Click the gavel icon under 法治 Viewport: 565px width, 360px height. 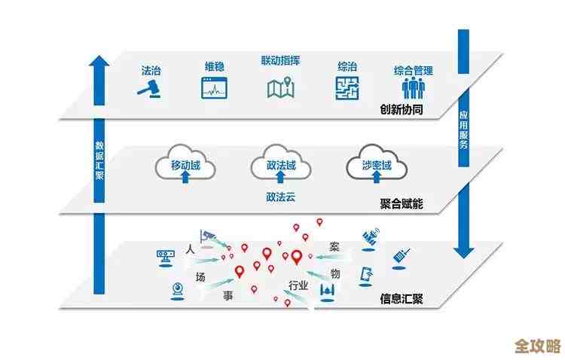(151, 89)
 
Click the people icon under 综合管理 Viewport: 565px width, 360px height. (413, 89)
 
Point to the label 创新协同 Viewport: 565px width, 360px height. (402, 110)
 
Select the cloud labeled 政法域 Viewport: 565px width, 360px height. (279, 166)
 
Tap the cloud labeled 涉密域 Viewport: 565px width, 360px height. (377, 166)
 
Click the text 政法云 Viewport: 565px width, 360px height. (280, 197)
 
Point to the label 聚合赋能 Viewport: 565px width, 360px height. (402, 203)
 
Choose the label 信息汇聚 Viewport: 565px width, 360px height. (402, 298)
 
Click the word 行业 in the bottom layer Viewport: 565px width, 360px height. (298, 285)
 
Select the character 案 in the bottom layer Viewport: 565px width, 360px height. (334, 247)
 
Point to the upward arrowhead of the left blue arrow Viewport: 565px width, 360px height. (99, 65)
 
